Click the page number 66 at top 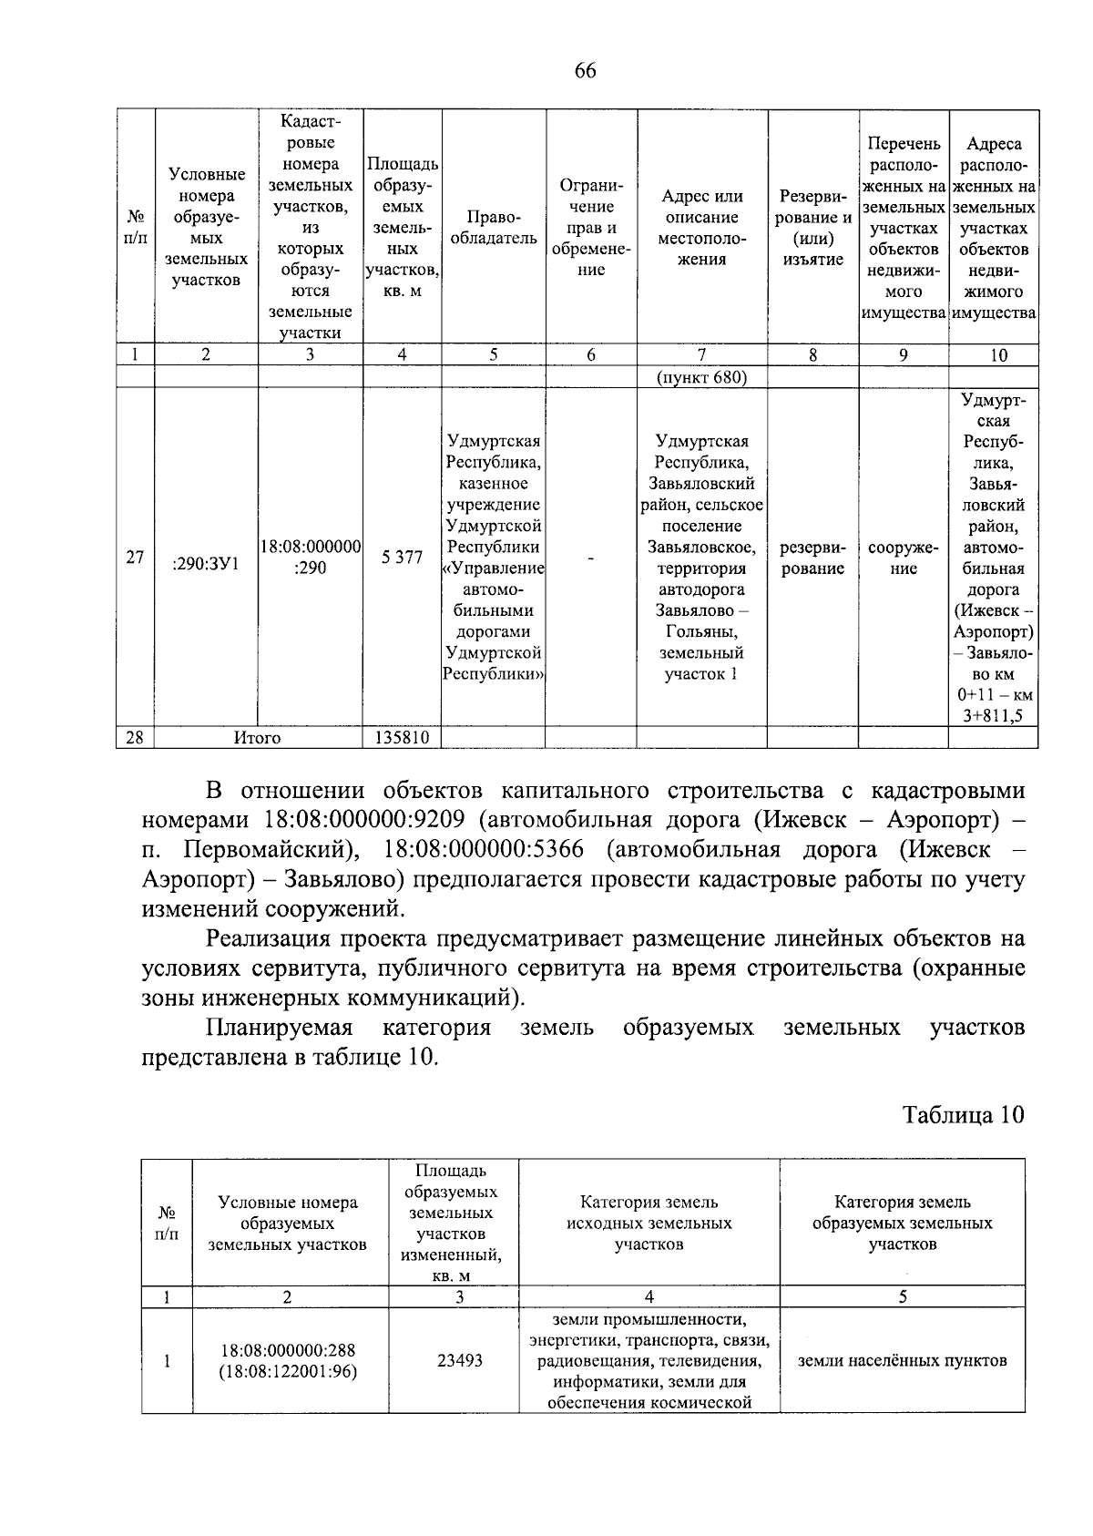[x=585, y=70]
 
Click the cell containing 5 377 [x=402, y=557]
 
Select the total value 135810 [x=402, y=738]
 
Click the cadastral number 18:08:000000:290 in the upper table [x=311, y=557]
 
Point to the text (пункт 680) [x=701, y=377]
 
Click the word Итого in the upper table [x=258, y=738]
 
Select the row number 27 [x=135, y=558]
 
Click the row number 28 [x=135, y=738]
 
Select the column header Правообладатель [x=494, y=228]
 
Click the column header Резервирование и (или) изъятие [x=812, y=228]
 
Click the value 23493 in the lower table [x=460, y=1360]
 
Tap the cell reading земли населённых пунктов [x=902, y=1360]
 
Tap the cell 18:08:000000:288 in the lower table [x=288, y=1350]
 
